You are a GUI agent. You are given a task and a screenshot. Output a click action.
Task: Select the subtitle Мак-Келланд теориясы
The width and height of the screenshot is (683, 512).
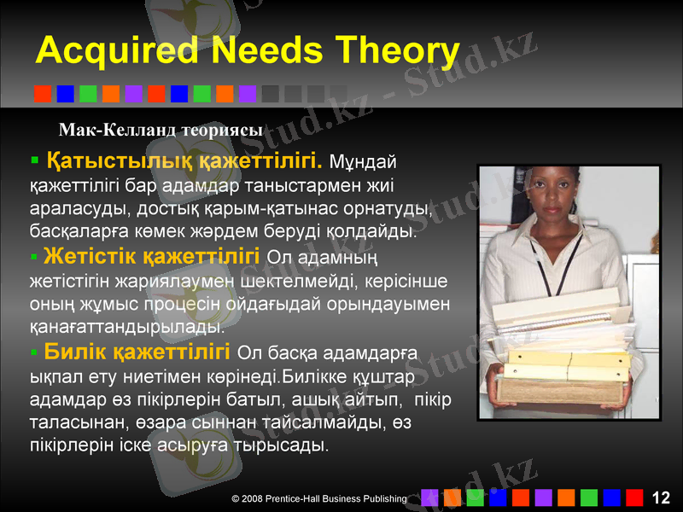tap(161, 129)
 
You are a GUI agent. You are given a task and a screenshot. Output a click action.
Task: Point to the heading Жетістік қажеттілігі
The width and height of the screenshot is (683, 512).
tap(151, 255)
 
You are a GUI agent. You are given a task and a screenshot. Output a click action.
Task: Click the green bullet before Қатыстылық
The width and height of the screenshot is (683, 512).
tap(34, 160)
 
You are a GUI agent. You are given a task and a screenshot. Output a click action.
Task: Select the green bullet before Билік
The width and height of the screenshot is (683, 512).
tap(34, 351)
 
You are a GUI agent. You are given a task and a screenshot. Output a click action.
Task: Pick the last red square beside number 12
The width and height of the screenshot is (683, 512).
tap(633, 497)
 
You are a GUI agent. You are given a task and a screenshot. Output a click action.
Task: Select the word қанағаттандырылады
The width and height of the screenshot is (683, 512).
tap(127, 326)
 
